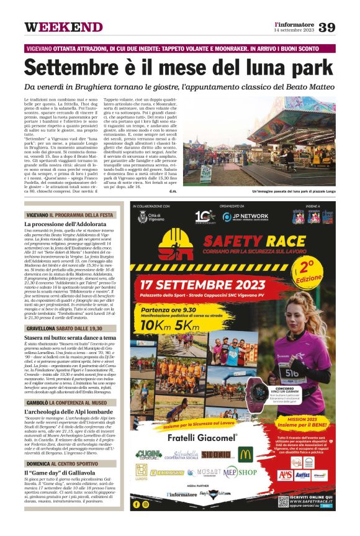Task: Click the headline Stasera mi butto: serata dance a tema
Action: tap(70, 338)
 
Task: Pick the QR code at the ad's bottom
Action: tap(283, 501)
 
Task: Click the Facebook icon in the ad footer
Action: tap(137, 504)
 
